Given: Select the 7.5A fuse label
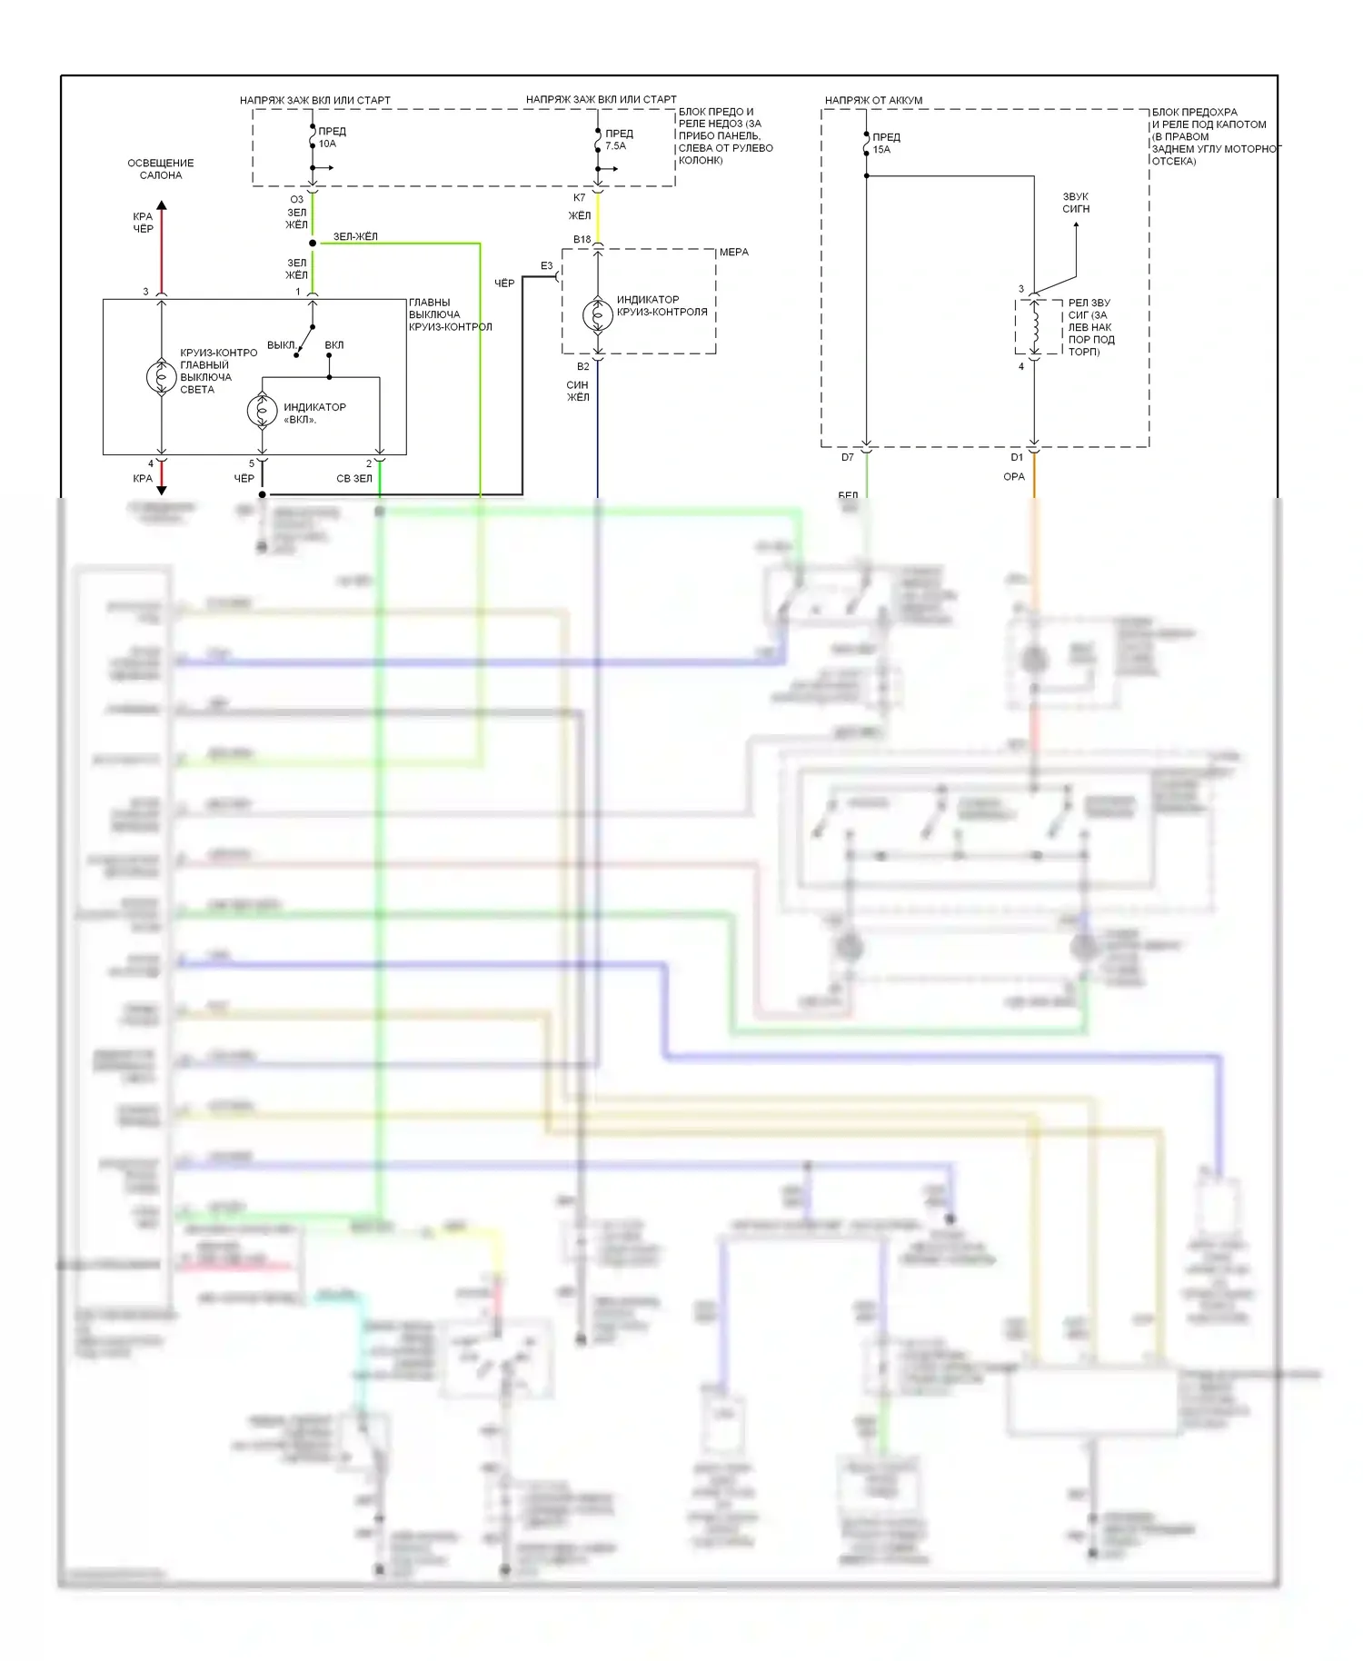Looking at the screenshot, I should coord(616,145).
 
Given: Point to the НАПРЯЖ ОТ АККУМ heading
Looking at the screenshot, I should coord(873,100).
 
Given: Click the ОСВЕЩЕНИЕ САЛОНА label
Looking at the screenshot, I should coord(161,169).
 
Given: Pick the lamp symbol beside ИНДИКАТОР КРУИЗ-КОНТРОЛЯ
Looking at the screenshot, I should coord(598,314).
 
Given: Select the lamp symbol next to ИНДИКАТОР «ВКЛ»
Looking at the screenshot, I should coord(263,411).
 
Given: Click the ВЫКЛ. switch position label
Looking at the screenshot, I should coord(281,345).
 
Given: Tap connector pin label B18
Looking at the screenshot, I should coord(582,240).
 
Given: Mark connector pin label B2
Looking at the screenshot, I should coord(582,366).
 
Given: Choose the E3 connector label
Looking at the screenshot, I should coord(546,266).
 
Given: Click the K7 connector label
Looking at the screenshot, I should coord(579,198).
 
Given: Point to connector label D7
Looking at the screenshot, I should coord(847,457).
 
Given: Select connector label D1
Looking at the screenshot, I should coord(1017,457).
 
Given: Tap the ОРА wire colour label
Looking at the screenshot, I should coord(1014,476).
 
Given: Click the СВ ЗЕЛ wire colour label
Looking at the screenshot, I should coord(354,478).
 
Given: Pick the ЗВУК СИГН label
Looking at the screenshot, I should coord(1076,203).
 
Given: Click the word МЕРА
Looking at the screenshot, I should coord(734,253).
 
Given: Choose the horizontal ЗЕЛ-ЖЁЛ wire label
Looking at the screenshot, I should coord(355,236).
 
